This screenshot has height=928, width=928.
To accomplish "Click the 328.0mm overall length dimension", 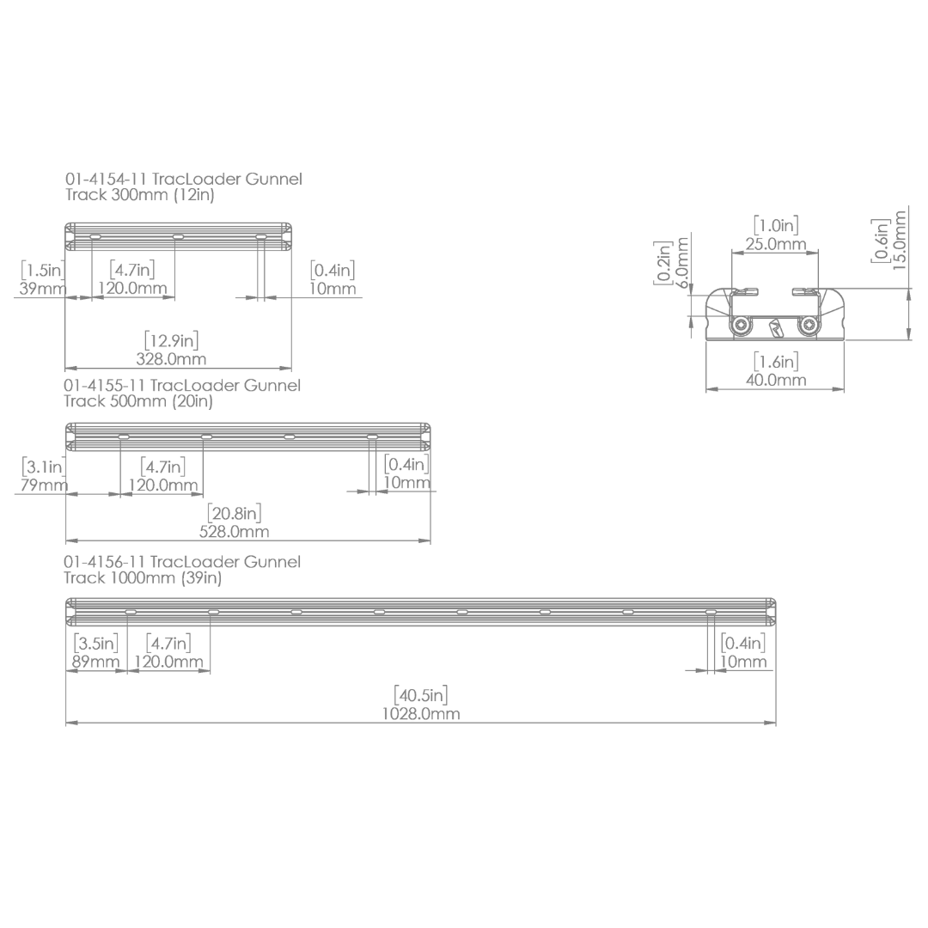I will pos(171,359).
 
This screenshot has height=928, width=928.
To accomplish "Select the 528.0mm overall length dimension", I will pos(234,532).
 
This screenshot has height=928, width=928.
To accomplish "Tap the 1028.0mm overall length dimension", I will pos(420,714).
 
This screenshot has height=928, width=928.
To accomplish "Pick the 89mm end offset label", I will pos(95,662).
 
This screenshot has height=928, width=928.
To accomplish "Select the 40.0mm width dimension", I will pos(775,380).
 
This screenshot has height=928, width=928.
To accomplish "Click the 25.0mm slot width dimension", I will pos(775,244).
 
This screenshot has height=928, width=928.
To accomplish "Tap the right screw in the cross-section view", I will pos(807,326).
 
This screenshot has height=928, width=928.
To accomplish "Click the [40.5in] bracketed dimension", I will pos(420,694).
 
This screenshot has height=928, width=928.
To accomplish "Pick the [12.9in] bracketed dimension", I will pos(171,340).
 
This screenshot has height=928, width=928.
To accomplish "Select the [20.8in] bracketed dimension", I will pos(234,513).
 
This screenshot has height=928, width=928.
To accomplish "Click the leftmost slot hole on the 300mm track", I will pos(95,236).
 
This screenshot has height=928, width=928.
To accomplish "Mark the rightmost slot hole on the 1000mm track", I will pos(711,612).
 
